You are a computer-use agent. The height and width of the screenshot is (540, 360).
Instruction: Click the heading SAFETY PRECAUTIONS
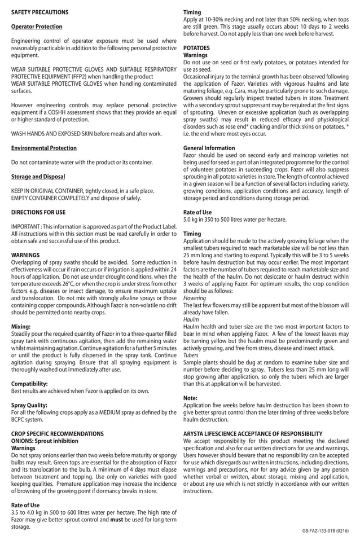tap(40, 12)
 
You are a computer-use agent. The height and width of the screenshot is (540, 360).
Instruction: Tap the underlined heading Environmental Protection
tap(44, 148)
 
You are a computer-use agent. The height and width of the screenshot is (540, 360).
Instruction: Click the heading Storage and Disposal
tap(38, 177)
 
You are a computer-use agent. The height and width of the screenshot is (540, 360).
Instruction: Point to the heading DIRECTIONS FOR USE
tap(38, 212)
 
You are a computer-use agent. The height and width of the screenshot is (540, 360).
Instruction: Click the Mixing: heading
tap(21, 326)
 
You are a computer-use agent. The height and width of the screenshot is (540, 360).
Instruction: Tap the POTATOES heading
tap(197, 49)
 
